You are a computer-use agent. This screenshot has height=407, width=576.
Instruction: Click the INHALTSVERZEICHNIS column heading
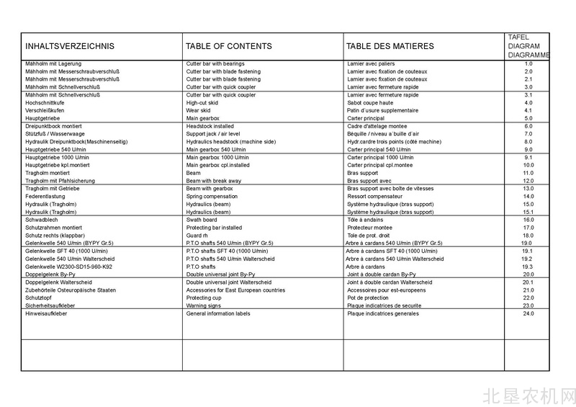pyautogui.click(x=70, y=47)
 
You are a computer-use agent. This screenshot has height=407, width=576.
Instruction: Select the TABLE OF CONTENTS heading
pyautogui.click(x=229, y=47)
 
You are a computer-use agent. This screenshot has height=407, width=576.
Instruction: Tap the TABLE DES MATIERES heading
pyautogui.click(x=390, y=47)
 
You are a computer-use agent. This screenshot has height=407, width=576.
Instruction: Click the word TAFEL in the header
pyautogui.click(x=518, y=37)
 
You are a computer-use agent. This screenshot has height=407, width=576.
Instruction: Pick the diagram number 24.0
pyautogui.click(x=528, y=314)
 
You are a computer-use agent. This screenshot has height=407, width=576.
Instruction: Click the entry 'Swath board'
pyautogui.click(x=202, y=220)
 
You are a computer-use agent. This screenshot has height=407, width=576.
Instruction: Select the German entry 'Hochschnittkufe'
pyautogui.click(x=45, y=103)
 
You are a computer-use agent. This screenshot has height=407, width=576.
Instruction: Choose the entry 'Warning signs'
pyautogui.click(x=205, y=305)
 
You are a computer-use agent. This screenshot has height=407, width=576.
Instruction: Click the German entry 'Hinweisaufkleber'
pyautogui.click(x=47, y=314)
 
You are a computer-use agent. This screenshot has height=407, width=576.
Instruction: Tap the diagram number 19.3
pyautogui.click(x=528, y=267)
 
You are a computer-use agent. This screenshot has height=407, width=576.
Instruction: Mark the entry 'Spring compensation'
pyautogui.click(x=212, y=197)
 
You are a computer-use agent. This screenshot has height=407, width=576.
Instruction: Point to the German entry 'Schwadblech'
pyautogui.click(x=42, y=220)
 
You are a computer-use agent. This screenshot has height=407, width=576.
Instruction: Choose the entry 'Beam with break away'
pyautogui.click(x=214, y=181)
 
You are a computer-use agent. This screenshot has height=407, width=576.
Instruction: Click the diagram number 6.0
pyautogui.click(x=528, y=126)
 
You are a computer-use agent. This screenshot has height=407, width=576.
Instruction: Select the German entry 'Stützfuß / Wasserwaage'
pyautogui.click(x=55, y=134)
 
